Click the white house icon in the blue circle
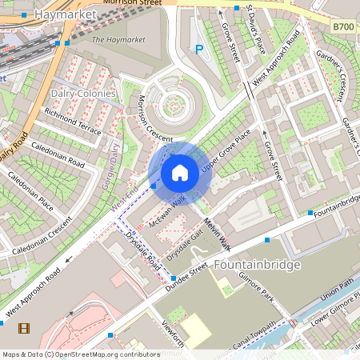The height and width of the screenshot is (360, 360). tap(180, 173)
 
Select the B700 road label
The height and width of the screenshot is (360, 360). tap(343, 27)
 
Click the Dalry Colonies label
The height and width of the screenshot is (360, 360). tap(84, 94)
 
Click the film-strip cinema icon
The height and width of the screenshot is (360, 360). tap(24, 327)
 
